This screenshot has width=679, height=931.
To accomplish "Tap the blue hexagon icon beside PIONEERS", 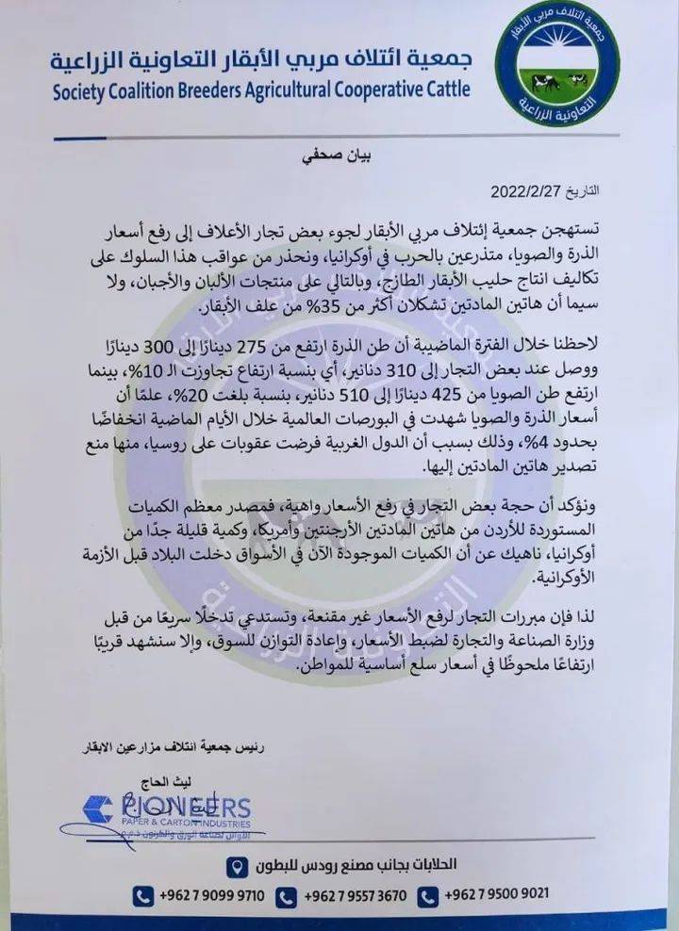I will (98, 808).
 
